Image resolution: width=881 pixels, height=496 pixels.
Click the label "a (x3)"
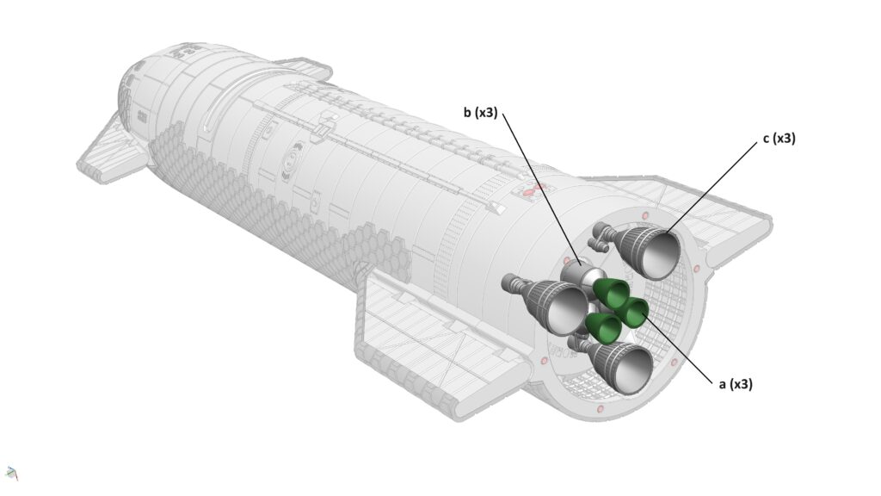tap(736, 384)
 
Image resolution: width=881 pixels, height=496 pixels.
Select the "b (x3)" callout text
tap(480, 113)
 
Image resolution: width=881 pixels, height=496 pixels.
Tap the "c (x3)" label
tap(779, 138)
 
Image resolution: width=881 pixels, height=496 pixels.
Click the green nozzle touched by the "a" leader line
tap(631, 312)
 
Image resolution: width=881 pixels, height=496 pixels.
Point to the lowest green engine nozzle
tap(602, 328)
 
